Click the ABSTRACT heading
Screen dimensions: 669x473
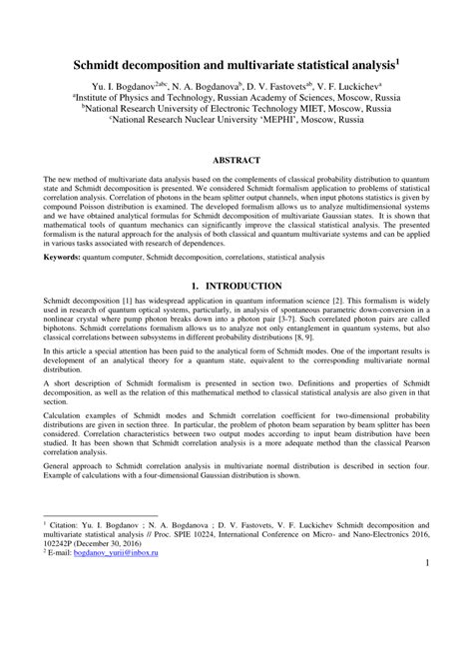(x=236, y=161)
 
